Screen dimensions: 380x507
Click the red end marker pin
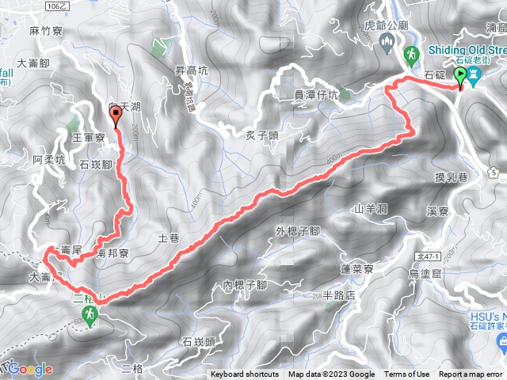tap(117, 117)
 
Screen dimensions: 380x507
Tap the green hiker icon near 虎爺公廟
tap(411, 55)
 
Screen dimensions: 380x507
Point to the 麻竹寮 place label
tap(44, 31)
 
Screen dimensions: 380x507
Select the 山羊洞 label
tap(370, 209)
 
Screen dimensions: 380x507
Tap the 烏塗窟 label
tap(424, 273)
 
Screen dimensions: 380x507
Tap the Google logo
tap(31, 369)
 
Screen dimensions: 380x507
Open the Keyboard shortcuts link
tap(245, 374)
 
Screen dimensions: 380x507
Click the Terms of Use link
tap(408, 374)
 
